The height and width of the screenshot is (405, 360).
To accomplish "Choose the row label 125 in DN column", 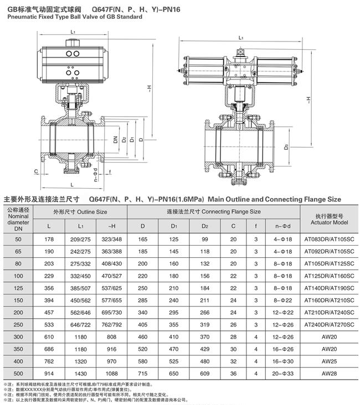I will [x=18, y=288].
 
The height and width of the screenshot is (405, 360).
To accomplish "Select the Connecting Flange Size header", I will [x=214, y=212].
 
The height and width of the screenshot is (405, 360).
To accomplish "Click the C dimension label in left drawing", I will [x=35, y=172].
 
